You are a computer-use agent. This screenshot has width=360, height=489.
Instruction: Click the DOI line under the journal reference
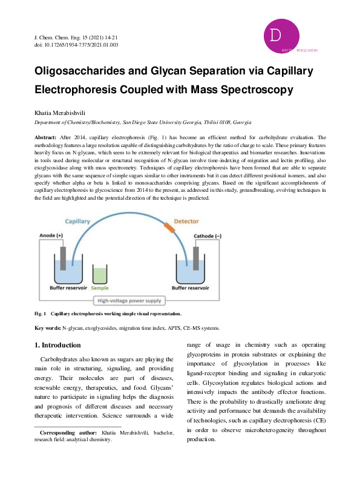pyautogui.click(x=76, y=45)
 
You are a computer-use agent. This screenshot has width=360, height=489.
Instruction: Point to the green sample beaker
pyautogui.click(x=100, y=275)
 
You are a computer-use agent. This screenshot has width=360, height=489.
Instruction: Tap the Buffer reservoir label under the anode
pyautogui.click(x=69, y=289)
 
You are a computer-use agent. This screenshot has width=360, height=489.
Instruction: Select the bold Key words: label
pyautogui.click(x=47, y=327)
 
